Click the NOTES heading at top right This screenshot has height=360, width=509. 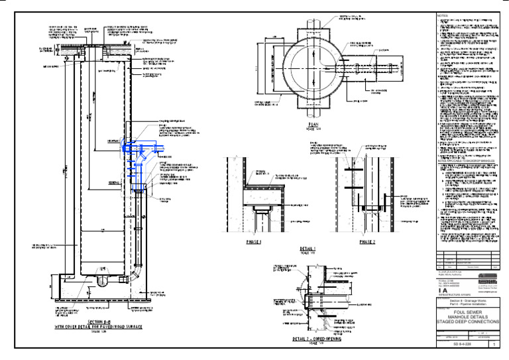(x=443, y=15)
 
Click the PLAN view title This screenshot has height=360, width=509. (x=313, y=124)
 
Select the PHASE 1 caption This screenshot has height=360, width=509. (x=254, y=243)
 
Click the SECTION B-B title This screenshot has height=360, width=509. (x=97, y=322)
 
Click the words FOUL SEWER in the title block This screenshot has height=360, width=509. (x=468, y=312)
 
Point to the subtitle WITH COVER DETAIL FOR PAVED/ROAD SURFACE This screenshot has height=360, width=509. (x=97, y=328)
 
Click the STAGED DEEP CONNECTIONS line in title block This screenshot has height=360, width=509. (x=468, y=322)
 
